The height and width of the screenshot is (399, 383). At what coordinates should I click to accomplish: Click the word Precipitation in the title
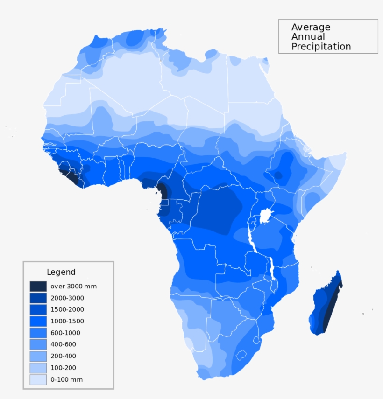click(321, 47)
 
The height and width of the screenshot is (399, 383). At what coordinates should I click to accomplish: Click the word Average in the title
click(311, 27)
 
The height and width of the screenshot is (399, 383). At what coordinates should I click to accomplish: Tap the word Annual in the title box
click(308, 37)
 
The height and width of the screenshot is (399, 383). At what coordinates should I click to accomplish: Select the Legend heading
click(61, 272)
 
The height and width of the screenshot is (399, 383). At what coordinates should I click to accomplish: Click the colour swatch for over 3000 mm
click(38, 286)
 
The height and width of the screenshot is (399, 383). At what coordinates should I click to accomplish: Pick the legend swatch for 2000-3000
click(38, 298)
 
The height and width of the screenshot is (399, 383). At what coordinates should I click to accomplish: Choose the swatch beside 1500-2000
click(38, 309)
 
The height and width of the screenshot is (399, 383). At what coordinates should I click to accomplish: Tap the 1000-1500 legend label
click(67, 321)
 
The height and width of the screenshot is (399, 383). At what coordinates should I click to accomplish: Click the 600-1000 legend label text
click(65, 333)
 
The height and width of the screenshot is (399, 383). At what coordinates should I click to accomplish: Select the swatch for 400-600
click(38, 344)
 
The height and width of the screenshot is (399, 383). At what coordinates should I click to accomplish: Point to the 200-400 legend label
click(64, 356)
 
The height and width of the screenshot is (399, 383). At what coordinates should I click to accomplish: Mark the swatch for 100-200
click(38, 368)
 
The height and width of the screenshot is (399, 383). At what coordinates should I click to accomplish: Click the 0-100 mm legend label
click(66, 379)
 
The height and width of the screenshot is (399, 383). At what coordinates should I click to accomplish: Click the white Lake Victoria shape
click(265, 216)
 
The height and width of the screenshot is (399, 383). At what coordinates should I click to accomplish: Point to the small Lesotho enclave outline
click(241, 355)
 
